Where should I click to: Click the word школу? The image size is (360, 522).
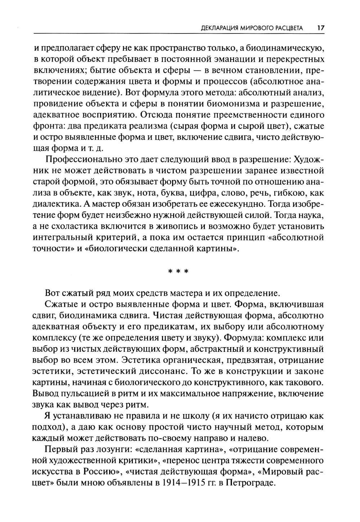pos(194,416)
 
